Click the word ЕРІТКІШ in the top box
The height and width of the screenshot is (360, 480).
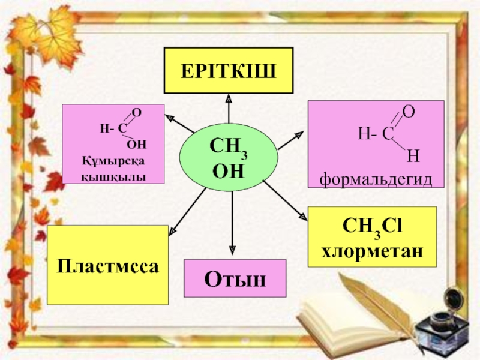point(229,70)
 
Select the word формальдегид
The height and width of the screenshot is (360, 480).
point(376,178)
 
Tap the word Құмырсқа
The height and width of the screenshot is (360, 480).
point(113,161)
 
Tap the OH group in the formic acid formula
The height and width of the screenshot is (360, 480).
point(137,144)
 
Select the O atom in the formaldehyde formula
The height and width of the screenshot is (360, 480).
point(408,111)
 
